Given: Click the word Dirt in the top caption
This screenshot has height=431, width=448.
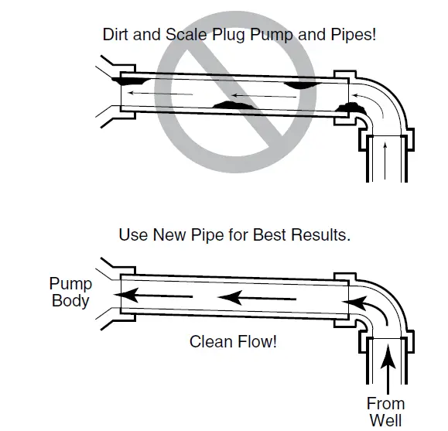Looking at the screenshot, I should point(116,35).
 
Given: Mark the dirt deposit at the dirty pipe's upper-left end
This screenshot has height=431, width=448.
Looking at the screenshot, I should point(133,78).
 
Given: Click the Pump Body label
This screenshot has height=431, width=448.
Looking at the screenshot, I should point(70,292).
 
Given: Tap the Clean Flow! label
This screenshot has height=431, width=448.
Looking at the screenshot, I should point(232,341).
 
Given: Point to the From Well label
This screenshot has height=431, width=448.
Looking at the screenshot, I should point(385,412).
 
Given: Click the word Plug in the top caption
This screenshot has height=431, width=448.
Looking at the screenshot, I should point(220,35).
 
